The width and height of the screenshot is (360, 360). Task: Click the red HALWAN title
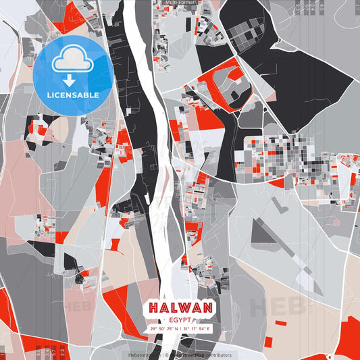(180, 308)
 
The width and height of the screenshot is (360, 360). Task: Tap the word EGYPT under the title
(180, 319)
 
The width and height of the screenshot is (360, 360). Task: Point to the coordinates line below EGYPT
(180, 329)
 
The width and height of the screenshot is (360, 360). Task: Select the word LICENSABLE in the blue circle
(72, 95)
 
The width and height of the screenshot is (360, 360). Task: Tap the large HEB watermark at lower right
(277, 307)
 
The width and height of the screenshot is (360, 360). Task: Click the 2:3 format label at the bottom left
(62, 352)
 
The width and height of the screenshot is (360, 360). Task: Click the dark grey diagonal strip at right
(277, 243)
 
